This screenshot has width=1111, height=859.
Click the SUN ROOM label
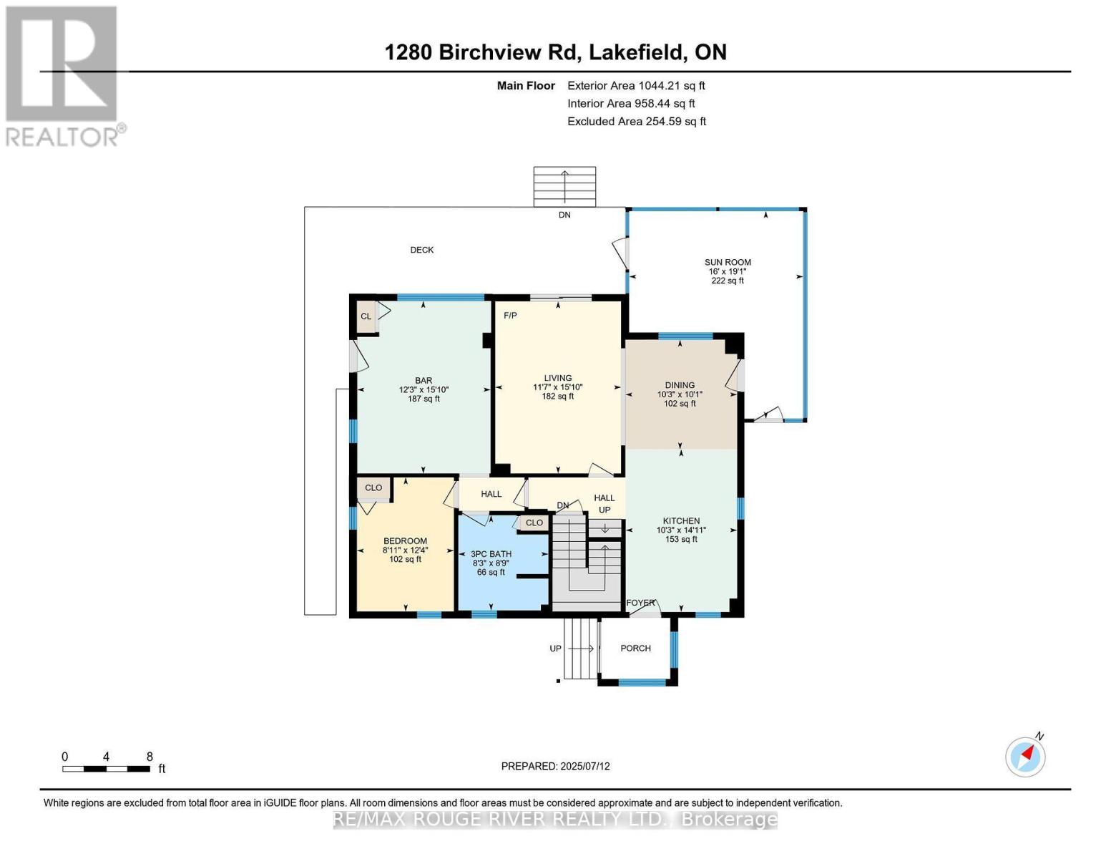[x=728, y=263]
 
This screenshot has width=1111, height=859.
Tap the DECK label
[x=421, y=250]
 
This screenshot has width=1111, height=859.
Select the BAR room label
[x=424, y=381]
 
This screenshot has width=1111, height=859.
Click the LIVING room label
[x=557, y=378]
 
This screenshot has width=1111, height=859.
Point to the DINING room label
[x=680, y=385]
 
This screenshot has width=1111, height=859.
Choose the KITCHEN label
[x=681, y=521]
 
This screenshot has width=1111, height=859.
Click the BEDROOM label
[x=405, y=541]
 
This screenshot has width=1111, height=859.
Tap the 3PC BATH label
[x=491, y=554]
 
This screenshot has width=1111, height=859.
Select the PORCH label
[x=635, y=649]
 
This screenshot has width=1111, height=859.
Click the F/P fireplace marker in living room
[x=510, y=316]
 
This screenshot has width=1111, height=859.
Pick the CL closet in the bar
[x=366, y=316]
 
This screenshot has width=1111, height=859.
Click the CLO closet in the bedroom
[x=373, y=488]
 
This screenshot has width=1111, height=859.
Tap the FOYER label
[x=640, y=603]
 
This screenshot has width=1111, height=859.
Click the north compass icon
[x=1026, y=756]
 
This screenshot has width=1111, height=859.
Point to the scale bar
[x=106, y=769]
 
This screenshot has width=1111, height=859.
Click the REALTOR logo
[x=63, y=76]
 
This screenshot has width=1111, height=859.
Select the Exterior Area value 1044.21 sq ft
[x=636, y=86]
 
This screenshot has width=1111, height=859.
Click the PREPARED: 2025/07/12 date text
[x=555, y=767]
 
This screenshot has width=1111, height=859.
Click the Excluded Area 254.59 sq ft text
[x=636, y=122]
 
